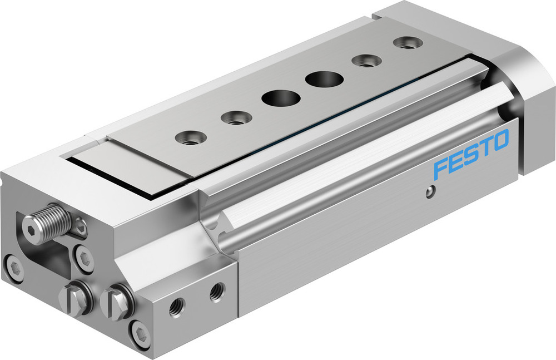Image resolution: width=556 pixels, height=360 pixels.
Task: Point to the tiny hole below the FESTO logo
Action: click(x=428, y=193)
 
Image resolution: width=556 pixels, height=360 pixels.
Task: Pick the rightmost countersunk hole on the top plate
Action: click(x=405, y=42)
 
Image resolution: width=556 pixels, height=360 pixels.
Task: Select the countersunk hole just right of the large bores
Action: click(x=365, y=60)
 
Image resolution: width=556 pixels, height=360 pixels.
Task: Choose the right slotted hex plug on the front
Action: click(x=117, y=302)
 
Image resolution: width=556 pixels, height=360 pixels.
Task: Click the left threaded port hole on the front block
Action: click(x=178, y=307)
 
